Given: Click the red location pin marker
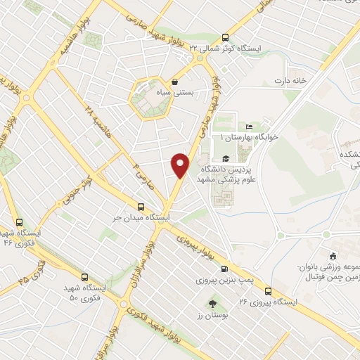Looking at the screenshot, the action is pos(181,164).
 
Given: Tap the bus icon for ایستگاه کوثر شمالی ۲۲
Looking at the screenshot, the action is pos(225,38).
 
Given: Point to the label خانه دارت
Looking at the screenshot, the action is pos(292,81).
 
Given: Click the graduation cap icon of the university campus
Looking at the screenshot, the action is pos(225,158).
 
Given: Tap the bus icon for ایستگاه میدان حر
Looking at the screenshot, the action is pos(141,207).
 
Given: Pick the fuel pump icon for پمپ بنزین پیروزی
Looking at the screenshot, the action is pos(224,269).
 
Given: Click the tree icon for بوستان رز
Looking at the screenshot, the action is pos(212,303).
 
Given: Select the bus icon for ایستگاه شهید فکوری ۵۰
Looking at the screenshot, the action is pos(85,277).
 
